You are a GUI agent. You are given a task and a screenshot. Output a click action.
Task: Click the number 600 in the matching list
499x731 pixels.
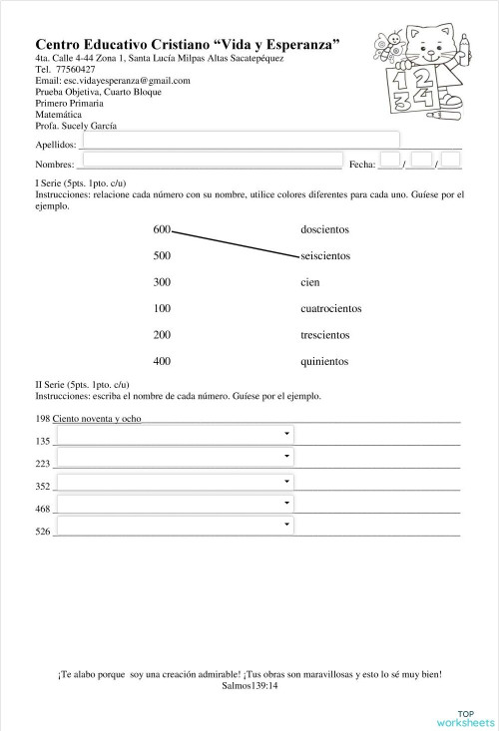point(162,229)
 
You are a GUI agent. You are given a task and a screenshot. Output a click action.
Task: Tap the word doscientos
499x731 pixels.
point(324,230)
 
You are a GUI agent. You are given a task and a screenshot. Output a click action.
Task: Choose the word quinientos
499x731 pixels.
point(324,360)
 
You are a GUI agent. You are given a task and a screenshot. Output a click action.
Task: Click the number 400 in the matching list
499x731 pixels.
point(162,360)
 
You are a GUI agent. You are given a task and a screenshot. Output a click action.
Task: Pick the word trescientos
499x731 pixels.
point(325,334)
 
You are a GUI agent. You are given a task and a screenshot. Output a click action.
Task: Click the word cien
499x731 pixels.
point(309,282)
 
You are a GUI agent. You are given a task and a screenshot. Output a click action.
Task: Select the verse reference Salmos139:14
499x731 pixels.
point(249,686)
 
